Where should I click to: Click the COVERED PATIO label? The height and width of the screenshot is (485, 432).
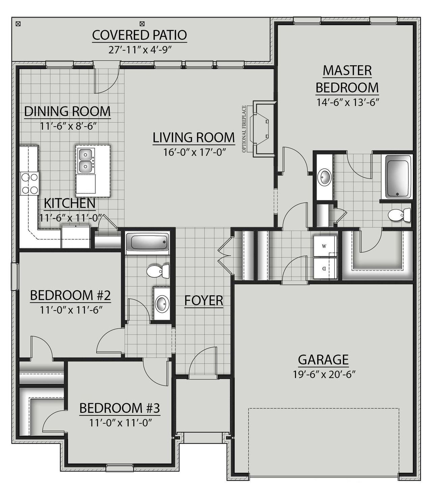tap(139, 35)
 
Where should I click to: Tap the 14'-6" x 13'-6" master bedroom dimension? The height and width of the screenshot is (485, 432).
tap(347, 102)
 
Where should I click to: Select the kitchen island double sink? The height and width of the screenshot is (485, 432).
tap(85, 160)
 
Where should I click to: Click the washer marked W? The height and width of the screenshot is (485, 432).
tap(324, 246)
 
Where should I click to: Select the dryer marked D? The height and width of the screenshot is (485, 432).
tap(324, 269)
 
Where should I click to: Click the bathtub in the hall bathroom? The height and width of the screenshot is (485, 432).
tap(147, 242)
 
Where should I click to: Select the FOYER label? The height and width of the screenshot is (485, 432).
tap(204, 300)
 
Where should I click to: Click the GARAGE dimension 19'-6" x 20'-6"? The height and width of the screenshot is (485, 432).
tap(323, 374)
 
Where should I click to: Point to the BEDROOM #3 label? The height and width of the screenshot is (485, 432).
tap(119, 408)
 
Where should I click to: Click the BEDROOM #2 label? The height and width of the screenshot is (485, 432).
tap(70, 295)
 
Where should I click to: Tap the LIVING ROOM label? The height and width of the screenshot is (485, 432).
tap(194, 138)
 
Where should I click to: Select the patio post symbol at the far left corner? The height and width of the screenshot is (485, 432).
tap(19, 24)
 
